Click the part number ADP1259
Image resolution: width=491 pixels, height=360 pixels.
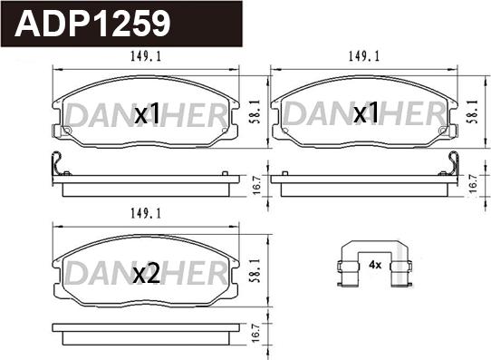92,24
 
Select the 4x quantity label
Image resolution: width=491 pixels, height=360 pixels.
375,265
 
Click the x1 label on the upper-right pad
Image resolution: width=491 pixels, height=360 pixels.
366,113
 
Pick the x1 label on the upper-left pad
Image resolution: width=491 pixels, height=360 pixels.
147,114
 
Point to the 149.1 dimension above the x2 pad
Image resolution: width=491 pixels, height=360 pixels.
146,214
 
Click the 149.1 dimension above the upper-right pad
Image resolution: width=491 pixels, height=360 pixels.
364,57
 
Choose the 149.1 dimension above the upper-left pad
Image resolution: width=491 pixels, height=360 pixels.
146,57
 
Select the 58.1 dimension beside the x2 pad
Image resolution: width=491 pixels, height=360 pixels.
256,271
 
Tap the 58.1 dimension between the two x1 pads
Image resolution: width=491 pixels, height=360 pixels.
256,112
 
